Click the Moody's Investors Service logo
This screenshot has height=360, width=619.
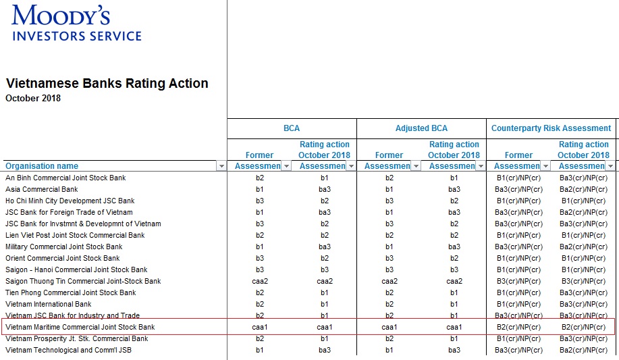76,23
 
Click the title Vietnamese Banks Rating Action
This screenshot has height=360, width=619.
107,83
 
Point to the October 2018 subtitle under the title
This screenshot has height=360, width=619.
33,99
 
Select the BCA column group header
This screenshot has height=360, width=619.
292,128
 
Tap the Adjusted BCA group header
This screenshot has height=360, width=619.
422,128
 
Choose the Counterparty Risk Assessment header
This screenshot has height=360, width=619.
551,128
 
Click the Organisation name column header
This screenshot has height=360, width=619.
42,166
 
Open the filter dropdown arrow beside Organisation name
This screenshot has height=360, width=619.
221,166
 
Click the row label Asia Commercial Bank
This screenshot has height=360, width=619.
42,189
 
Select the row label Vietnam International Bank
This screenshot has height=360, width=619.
49,304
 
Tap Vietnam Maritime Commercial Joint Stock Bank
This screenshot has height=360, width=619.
80,327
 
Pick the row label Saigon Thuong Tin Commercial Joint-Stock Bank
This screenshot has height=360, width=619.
83,281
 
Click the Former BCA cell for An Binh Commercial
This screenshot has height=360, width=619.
259,178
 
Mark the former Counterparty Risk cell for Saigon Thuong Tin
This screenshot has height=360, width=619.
518,281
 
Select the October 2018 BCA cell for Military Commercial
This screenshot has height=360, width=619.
325,247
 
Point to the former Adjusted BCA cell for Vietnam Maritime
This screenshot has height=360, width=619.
389,327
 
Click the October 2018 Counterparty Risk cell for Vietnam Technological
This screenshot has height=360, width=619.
583,350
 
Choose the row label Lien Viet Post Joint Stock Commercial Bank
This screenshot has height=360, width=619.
75,235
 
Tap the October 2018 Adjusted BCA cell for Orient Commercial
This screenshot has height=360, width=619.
454,258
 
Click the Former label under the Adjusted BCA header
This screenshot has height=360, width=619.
389,155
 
